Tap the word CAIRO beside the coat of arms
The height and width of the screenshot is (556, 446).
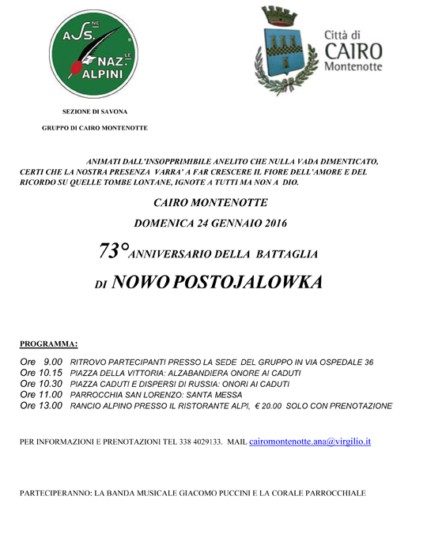[353, 51]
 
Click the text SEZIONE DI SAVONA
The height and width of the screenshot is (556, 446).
[95, 112]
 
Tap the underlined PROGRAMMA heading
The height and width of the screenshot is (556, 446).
[48, 344]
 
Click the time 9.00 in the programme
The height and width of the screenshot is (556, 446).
[54, 362]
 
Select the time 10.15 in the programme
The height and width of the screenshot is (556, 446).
[51, 373]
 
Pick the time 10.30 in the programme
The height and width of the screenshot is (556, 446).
[51, 384]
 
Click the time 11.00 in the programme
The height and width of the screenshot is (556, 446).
[51, 395]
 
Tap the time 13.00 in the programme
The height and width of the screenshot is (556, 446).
[51, 406]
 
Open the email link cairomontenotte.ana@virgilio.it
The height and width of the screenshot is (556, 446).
[310, 441]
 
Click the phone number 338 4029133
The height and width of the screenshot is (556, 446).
[192, 442]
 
